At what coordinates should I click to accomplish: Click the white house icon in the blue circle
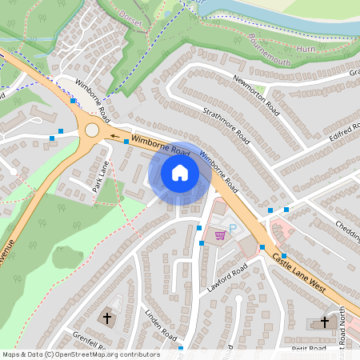(x=180, y=172)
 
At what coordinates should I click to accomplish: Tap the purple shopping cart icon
(x=219, y=234)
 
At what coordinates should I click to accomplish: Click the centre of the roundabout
(x=92, y=130)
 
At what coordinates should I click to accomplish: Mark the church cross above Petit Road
(x=325, y=322)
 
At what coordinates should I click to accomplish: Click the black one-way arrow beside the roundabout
(x=114, y=136)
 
